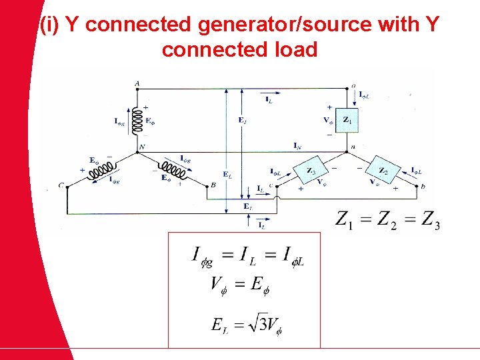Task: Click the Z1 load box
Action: (x=346, y=120)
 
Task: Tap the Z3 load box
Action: (x=311, y=171)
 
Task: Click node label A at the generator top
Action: (x=137, y=83)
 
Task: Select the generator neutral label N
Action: (x=141, y=147)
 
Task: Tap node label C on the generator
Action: (x=61, y=186)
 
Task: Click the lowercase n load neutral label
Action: (x=353, y=146)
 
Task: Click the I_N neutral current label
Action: (x=296, y=145)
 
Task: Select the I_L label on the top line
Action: (x=269, y=100)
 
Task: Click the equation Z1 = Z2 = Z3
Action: (x=387, y=219)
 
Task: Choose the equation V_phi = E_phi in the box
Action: (x=240, y=285)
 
